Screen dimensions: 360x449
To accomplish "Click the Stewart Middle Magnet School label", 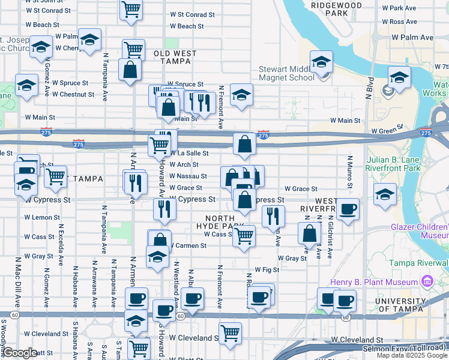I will click(x=286, y=73).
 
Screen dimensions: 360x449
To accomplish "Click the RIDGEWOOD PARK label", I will click(x=337, y=8).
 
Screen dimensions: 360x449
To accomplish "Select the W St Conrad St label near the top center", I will click(x=192, y=14).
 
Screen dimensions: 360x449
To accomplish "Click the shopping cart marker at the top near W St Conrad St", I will click(x=130, y=9).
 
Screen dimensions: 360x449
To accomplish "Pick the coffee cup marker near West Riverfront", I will click(x=348, y=209).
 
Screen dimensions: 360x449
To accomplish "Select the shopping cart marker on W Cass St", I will click(x=244, y=236).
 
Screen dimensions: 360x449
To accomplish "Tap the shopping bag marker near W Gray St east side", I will click(x=309, y=233).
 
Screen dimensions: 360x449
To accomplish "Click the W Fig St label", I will click(x=268, y=270).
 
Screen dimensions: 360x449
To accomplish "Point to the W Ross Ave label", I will click(x=403, y=22).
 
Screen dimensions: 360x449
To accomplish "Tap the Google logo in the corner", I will click(x=20, y=353).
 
